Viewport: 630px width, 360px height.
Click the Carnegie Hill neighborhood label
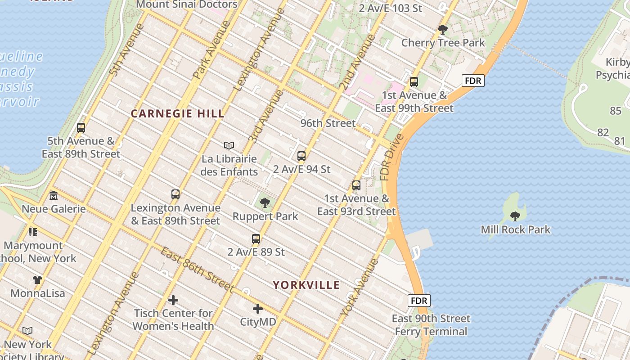pyautogui.click(x=177, y=114)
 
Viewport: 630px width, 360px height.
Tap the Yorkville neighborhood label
pyautogui.click(x=306, y=285)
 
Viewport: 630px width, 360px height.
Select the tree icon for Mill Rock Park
pyautogui.click(x=515, y=216)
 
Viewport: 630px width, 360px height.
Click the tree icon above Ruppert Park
pyautogui.click(x=265, y=203)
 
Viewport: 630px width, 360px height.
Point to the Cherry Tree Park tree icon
pyautogui.click(x=443, y=30)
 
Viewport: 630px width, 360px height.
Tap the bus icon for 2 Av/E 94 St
pyautogui.click(x=301, y=156)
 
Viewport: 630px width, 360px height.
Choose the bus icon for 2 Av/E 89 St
pyautogui.click(x=256, y=239)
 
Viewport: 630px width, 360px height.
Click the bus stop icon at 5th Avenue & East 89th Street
pyautogui.click(x=81, y=128)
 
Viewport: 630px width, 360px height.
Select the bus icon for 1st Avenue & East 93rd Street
pyautogui.click(x=356, y=185)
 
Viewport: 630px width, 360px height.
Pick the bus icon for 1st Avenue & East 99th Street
pyautogui.click(x=414, y=82)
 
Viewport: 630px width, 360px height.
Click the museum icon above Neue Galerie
pyautogui.click(x=54, y=196)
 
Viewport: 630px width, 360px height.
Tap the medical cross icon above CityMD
pyautogui.click(x=258, y=309)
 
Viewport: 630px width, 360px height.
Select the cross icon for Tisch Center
pyautogui.click(x=173, y=300)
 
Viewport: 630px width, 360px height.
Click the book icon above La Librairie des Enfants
pyautogui.click(x=229, y=145)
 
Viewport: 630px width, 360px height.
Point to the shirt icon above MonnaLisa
pyautogui.click(x=37, y=280)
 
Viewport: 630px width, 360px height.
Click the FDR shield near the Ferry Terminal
pyautogui.click(x=419, y=301)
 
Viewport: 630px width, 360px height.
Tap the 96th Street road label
pyautogui.click(x=328, y=123)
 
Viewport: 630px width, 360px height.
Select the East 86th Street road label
pyautogui.click(x=197, y=270)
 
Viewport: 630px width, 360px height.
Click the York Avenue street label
pyautogui.click(x=360, y=287)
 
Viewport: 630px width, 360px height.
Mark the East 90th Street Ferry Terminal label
pyautogui.click(x=431, y=325)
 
